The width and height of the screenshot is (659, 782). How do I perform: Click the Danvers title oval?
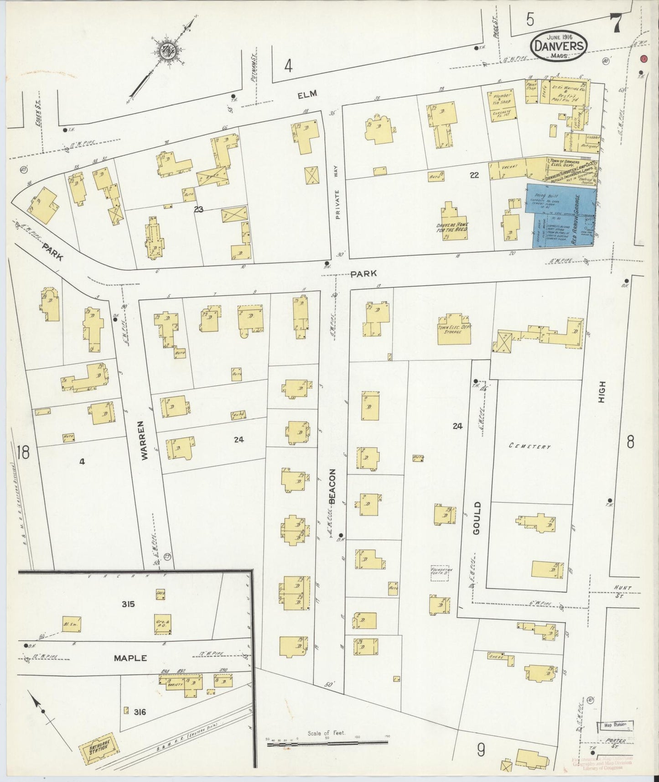click(559, 46)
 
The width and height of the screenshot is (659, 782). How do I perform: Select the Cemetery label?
click(530, 447)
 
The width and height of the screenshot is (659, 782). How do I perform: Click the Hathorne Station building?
click(99, 750)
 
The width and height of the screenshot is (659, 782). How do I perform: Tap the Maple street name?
click(130, 658)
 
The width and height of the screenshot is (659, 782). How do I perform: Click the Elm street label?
click(307, 94)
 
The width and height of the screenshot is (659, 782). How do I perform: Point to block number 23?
click(198, 209)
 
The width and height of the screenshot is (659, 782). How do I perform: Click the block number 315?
click(128, 605)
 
